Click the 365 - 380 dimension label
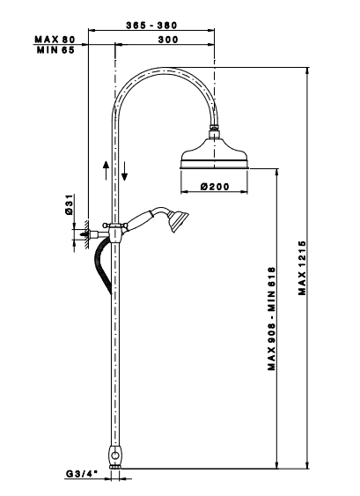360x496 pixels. click(x=151, y=25)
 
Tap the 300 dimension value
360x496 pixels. click(x=168, y=40)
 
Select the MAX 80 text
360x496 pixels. click(x=55, y=40)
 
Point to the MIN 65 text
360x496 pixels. click(x=55, y=50)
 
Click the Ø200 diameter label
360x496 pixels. click(x=215, y=187)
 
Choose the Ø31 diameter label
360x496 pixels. click(x=70, y=204)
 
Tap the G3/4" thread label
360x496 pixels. click(x=82, y=474)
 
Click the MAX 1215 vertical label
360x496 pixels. click(x=303, y=268)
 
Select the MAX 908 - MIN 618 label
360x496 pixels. click(x=271, y=319)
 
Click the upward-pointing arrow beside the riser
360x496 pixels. click(x=107, y=170)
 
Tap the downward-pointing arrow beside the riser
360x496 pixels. click(x=124, y=171)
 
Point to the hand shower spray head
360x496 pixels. click(x=179, y=220)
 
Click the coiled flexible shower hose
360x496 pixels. click(x=103, y=266)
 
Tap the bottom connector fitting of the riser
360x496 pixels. click(x=115, y=456)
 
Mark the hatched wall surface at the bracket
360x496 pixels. click(x=85, y=234)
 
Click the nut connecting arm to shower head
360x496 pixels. click(x=215, y=128)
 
